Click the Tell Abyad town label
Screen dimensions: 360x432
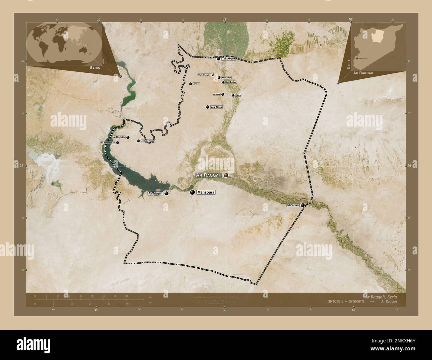[x=228, y=58]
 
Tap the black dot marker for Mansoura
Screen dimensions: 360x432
[x=192, y=192]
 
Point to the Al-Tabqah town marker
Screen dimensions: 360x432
[x=166, y=193]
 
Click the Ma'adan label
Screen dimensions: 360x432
[x=293, y=205]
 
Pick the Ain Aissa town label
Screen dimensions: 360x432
[x=216, y=107]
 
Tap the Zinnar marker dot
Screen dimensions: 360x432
[x=190, y=84]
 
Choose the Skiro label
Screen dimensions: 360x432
[x=238, y=95]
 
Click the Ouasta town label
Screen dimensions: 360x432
[x=216, y=94]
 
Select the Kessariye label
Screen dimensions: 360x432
[x=226, y=78]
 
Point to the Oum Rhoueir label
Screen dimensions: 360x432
[x=204, y=75]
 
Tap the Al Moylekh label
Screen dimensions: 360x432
[x=119, y=137]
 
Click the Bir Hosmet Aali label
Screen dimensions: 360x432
[x=108, y=142]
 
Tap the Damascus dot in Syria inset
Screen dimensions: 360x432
[x=357, y=58]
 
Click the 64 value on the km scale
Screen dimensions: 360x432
[x=127, y=295]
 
